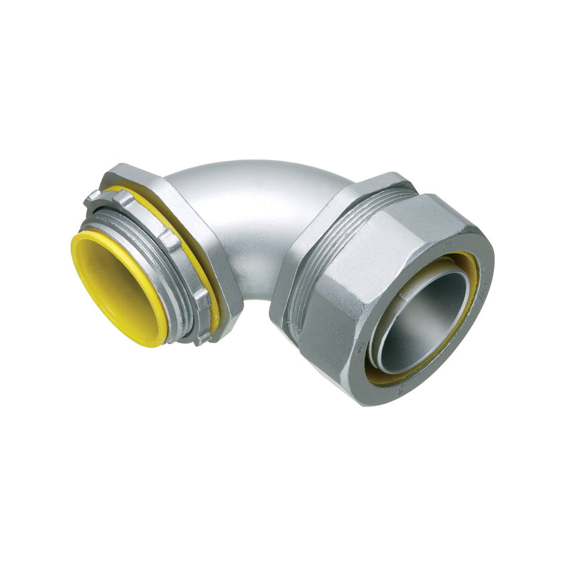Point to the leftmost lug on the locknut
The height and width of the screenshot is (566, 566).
92,199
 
